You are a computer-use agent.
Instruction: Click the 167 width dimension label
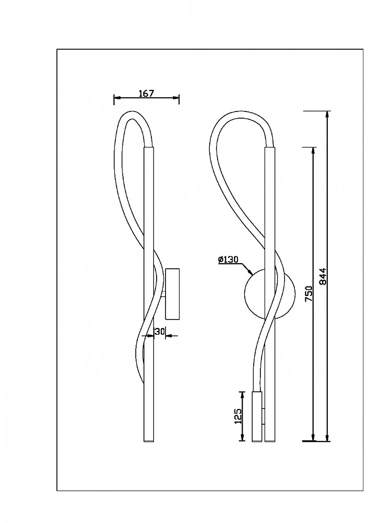pyautogui.click(x=147, y=94)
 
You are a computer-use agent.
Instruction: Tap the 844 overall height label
pyautogui.click(x=323, y=277)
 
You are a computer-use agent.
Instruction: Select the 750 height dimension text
pyautogui.click(x=309, y=293)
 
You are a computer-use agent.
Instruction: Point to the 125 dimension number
pyautogui.click(x=238, y=416)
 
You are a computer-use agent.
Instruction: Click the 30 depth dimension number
pyautogui.click(x=160, y=332)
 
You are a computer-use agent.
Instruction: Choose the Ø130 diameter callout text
pyautogui.click(x=228, y=259)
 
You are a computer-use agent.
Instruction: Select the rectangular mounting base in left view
pyautogui.click(x=172, y=294)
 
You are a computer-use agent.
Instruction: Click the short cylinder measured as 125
pyautogui.click(x=257, y=416)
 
